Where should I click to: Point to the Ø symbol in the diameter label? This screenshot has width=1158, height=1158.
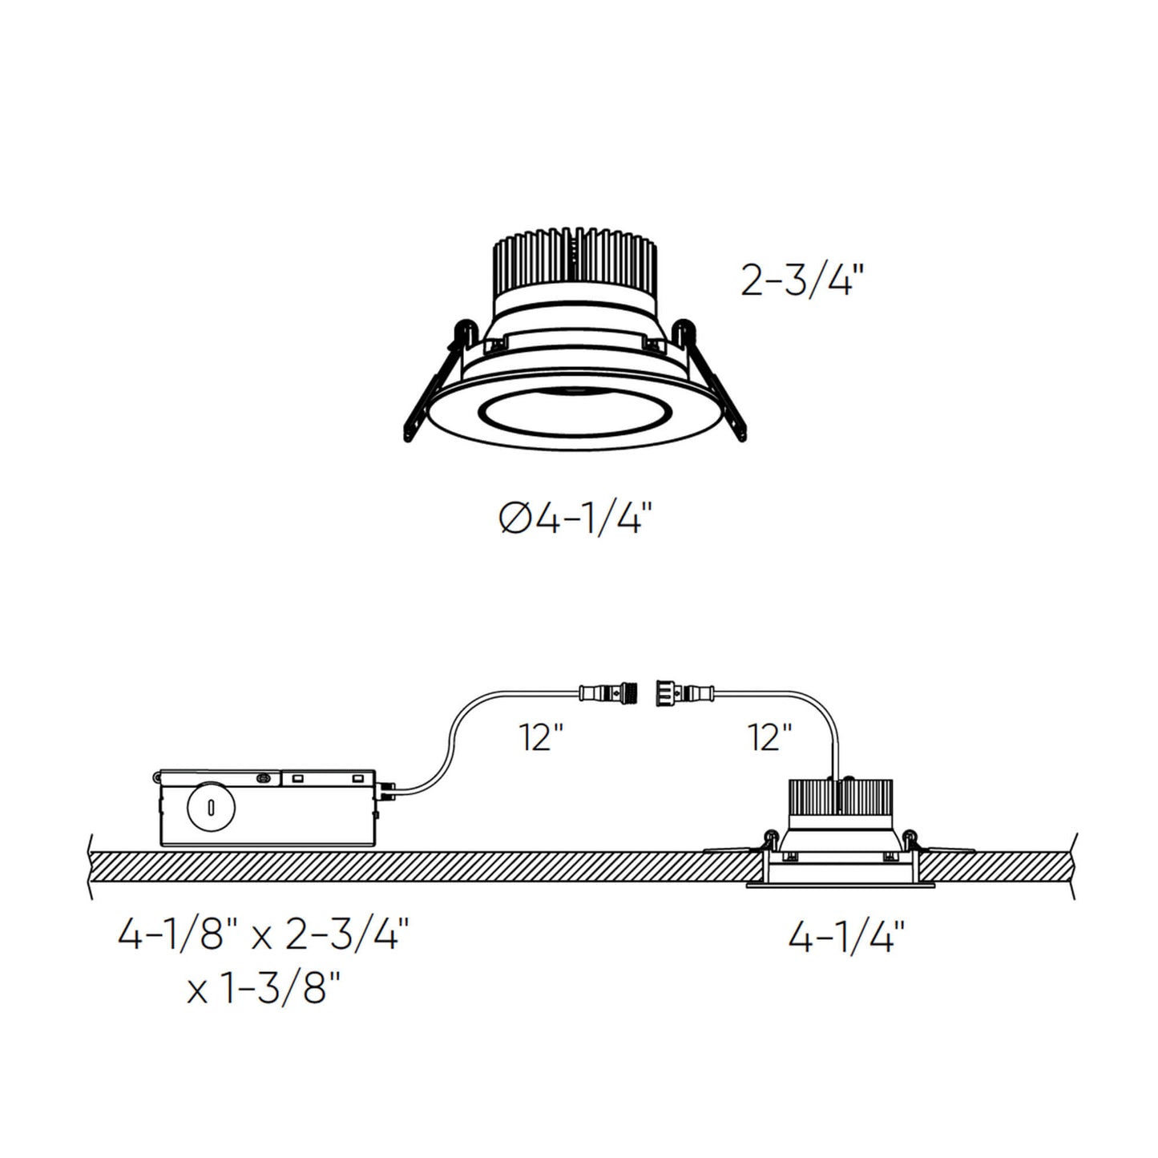514,520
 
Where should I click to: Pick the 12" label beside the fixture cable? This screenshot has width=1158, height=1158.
769,736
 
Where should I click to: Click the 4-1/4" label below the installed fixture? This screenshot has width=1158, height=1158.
846,935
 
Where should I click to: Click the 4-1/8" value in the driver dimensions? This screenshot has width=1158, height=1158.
171,934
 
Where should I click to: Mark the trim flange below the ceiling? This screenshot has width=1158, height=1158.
841,884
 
